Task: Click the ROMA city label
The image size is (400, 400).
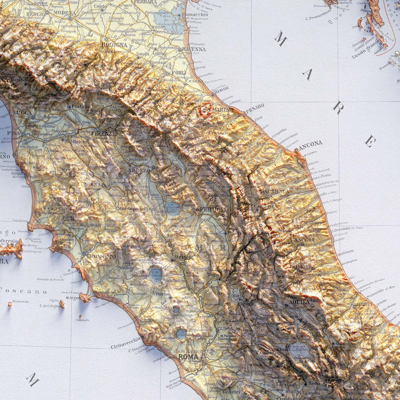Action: [x=188, y=357]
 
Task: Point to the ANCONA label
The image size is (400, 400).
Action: [x=310, y=143]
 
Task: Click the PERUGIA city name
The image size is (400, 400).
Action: [x=213, y=209]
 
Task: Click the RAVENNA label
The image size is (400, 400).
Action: [x=194, y=49]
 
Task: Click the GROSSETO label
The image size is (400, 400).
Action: [x=97, y=257]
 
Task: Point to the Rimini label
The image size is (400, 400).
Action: [x=221, y=89]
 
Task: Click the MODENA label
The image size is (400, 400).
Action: [x=65, y=13]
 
